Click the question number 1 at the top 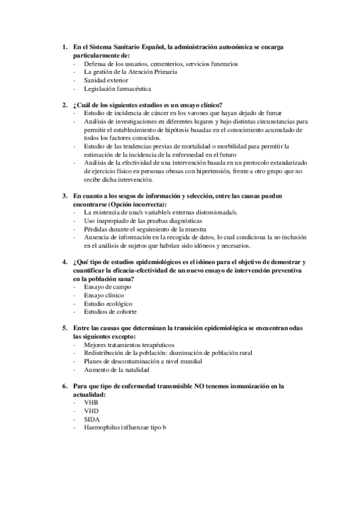[x=65, y=46]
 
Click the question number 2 [x=65, y=105]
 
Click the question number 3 [x=65, y=196]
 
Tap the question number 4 [x=65, y=262]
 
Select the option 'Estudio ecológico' [x=108, y=304]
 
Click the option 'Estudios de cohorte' [x=110, y=312]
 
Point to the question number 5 [x=65, y=328]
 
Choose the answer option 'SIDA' [x=92, y=419]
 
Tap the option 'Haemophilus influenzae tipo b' [x=124, y=427]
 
